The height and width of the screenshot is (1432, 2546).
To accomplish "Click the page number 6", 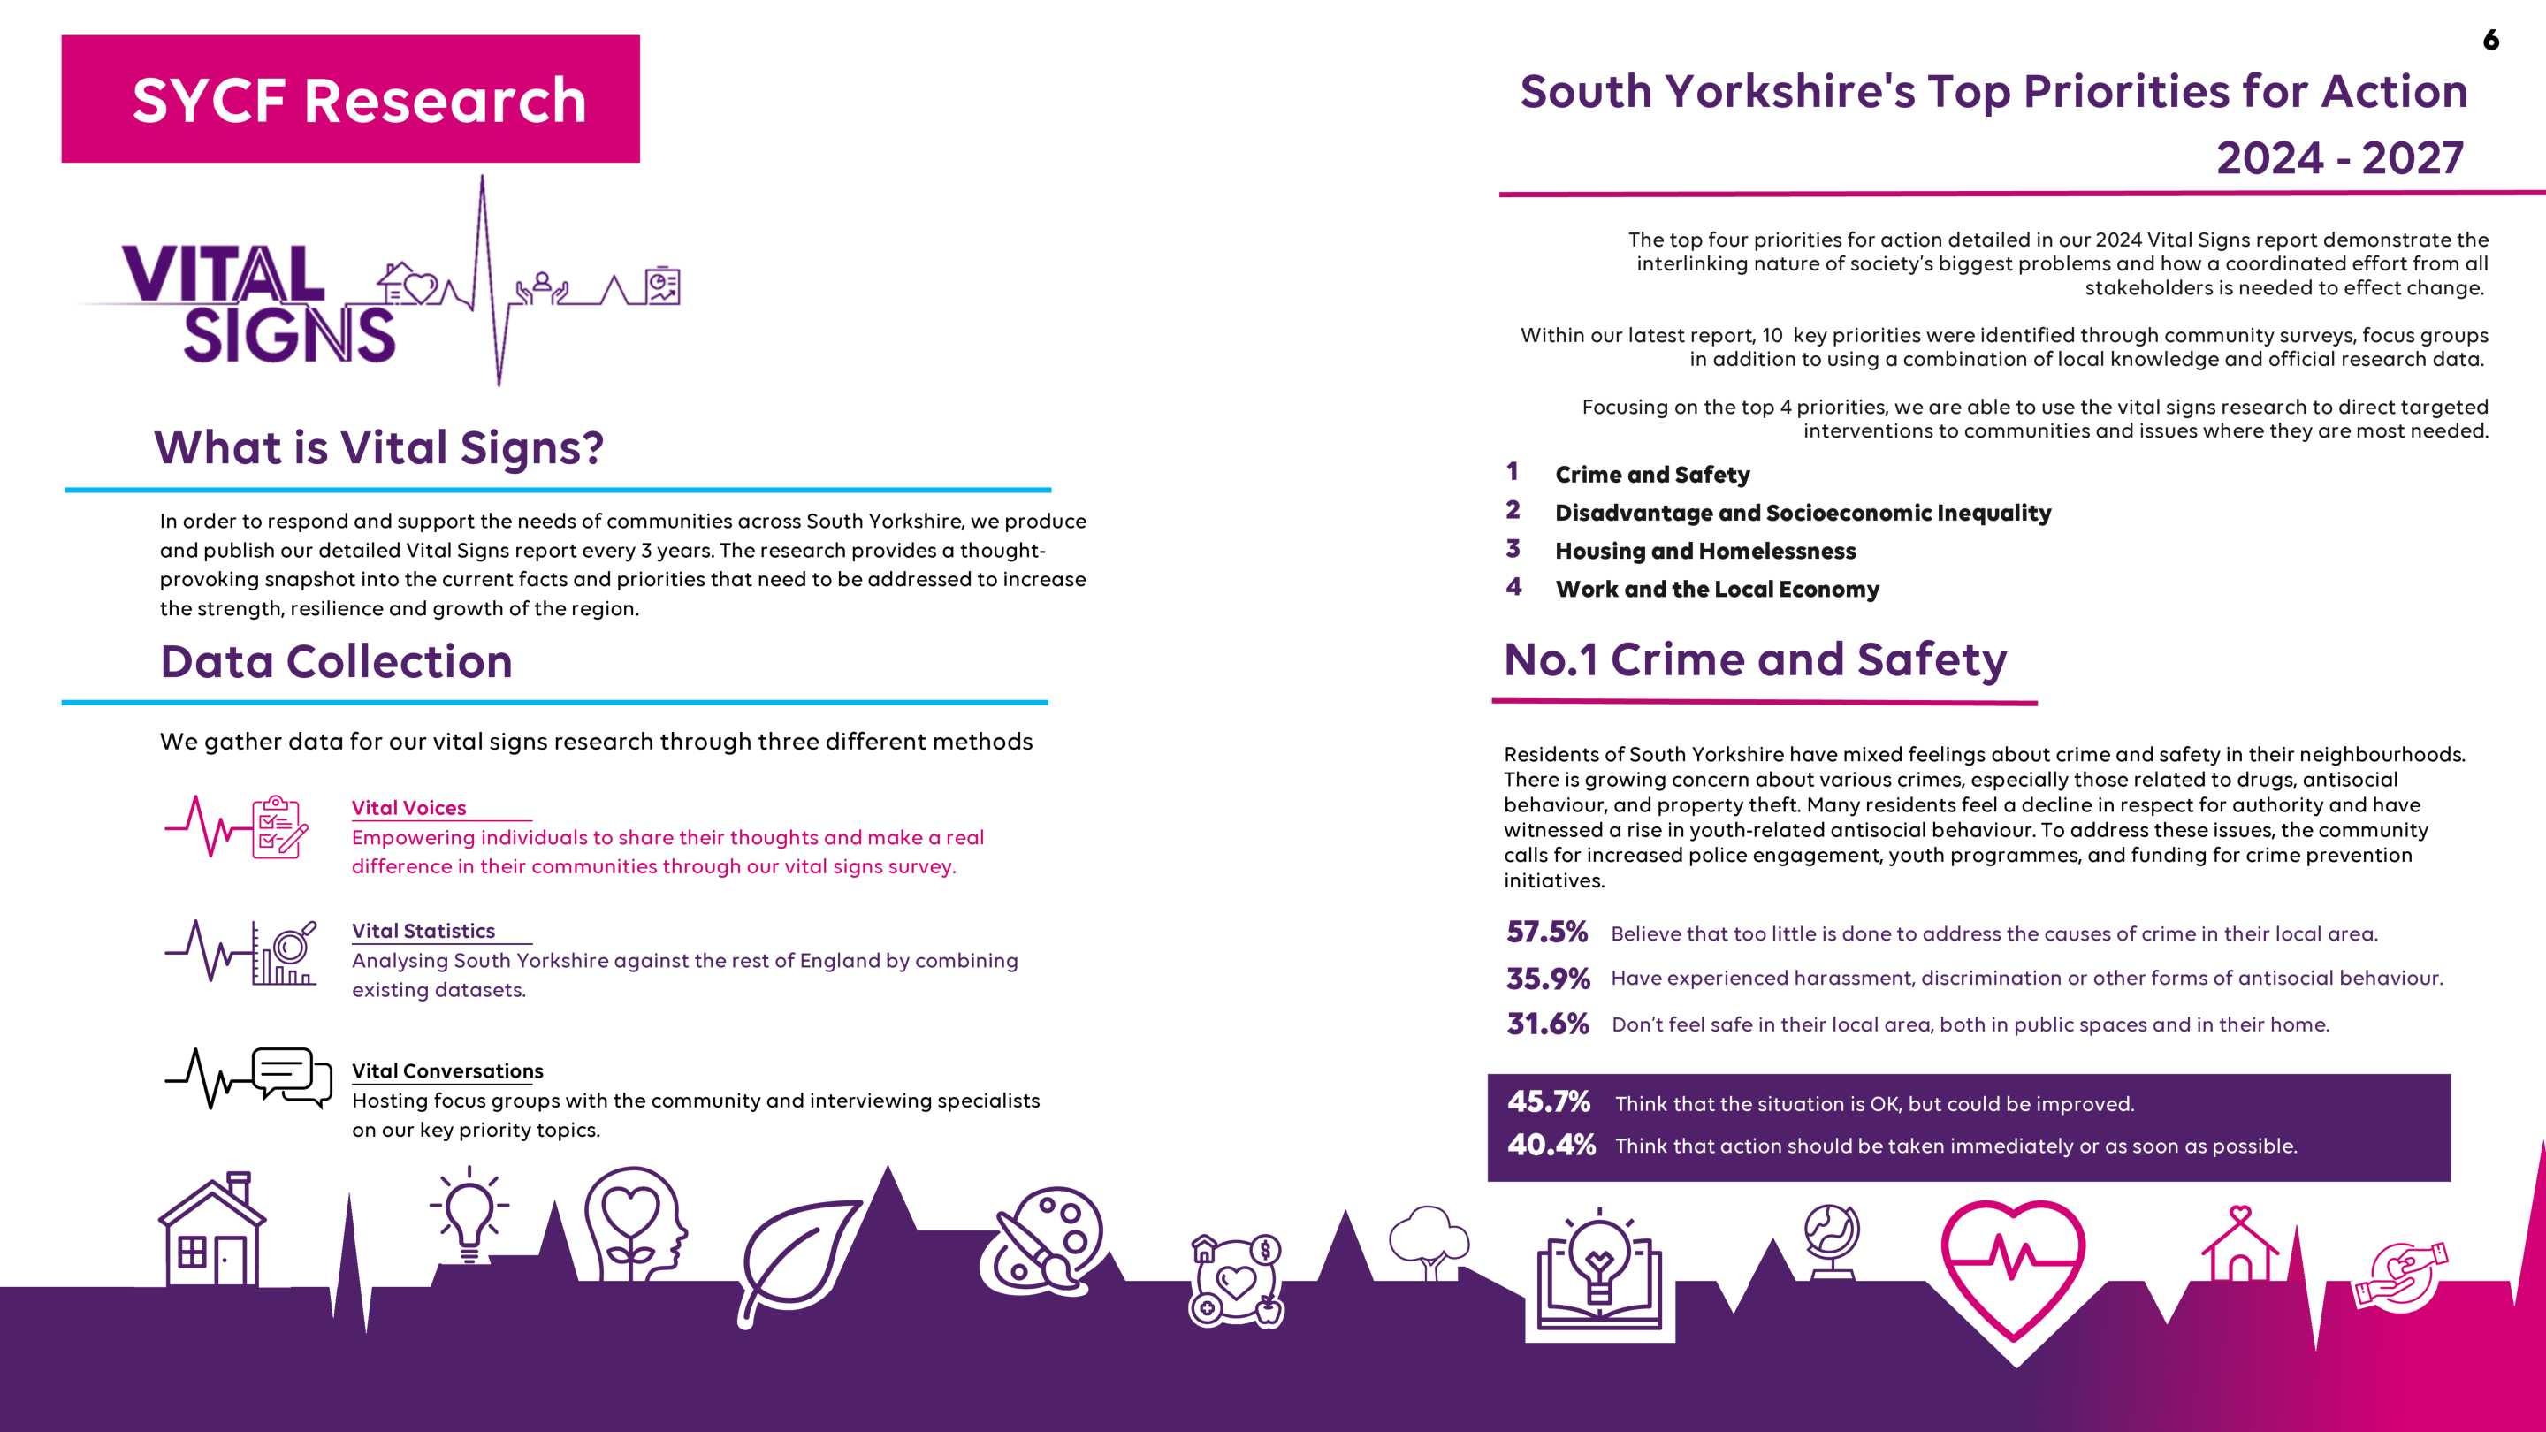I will pyautogui.click(x=2490, y=40).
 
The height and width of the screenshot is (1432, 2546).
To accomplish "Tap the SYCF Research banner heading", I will pyautogui.click(x=359, y=100).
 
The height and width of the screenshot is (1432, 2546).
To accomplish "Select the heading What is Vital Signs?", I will pyautogui.click(x=378, y=447).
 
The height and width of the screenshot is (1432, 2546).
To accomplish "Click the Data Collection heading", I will pyautogui.click(x=336, y=662).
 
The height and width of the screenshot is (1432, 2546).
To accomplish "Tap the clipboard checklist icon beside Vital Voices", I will pyautogui.click(x=278, y=827).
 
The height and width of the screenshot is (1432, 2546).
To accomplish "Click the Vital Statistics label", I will pyautogui.click(x=423, y=931).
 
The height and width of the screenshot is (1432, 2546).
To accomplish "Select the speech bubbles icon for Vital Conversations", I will pyautogui.click(x=291, y=1077).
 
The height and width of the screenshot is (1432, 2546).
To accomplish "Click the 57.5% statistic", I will pyautogui.click(x=1547, y=932).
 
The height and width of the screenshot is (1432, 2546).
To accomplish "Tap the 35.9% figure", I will pyautogui.click(x=1548, y=979).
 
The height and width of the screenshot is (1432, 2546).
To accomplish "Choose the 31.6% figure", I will pyautogui.click(x=1548, y=1024).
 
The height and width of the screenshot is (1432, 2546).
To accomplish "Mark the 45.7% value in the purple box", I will pyautogui.click(x=1549, y=1102).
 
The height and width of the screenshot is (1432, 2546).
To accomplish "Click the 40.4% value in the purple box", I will pyautogui.click(x=1551, y=1146).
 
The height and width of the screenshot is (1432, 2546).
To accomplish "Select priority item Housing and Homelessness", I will pyautogui.click(x=1705, y=552).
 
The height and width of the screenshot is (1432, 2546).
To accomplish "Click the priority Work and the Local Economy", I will pyautogui.click(x=1717, y=590).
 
